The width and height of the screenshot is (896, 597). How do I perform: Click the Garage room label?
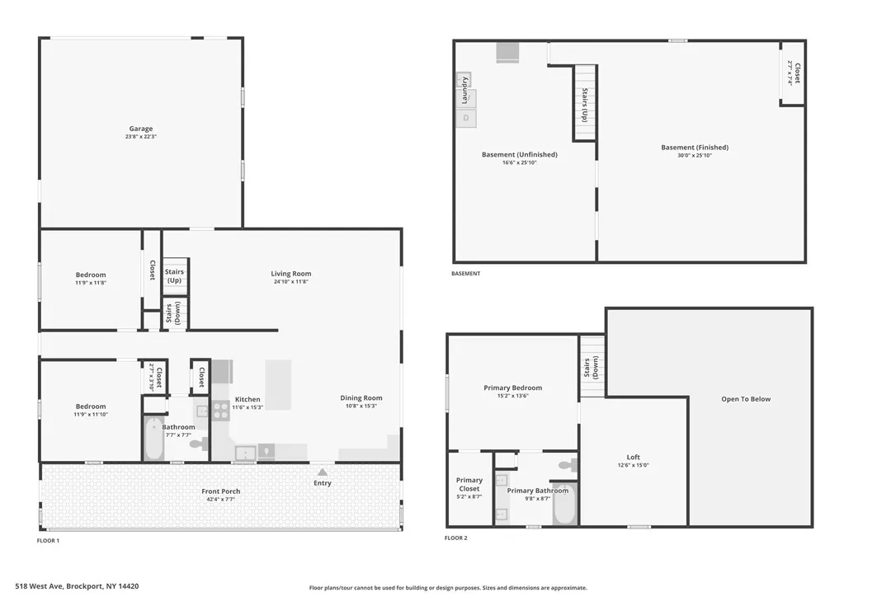click(140, 129)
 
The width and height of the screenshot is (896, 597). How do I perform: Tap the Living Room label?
click(291, 274)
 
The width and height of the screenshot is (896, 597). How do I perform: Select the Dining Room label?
click(361, 398)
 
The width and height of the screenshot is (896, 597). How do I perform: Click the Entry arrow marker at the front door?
click(322, 472)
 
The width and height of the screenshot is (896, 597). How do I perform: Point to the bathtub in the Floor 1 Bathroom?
click(154, 439)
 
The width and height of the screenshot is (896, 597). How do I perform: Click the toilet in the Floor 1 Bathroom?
click(198, 444)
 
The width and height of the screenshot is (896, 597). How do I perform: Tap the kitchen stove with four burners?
click(221, 410)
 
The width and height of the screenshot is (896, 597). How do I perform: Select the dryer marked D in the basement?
click(466, 118)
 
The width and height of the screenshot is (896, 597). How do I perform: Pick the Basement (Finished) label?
click(695, 148)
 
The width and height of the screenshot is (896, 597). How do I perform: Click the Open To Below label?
click(745, 399)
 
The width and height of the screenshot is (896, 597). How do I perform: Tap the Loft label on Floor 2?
click(633, 457)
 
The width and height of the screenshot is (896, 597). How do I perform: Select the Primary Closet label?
click(469, 485)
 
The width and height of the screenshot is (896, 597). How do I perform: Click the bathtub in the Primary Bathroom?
click(564, 505)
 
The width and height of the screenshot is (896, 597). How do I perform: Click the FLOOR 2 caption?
click(455, 538)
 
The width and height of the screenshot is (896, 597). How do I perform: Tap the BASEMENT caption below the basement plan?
click(465, 274)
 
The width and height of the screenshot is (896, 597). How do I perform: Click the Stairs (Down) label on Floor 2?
click(591, 365)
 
